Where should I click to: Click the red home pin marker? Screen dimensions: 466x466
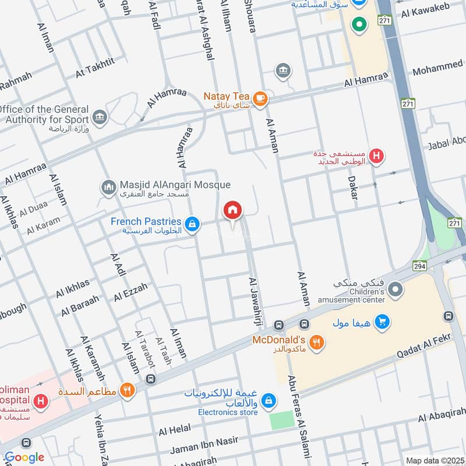point(233,210)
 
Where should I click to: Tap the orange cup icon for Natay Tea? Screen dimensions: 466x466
point(260,99)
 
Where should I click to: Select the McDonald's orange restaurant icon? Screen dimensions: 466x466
point(317,343)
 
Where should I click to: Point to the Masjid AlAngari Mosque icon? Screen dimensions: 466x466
point(108,188)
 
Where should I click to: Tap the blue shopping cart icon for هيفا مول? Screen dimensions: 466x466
point(382,322)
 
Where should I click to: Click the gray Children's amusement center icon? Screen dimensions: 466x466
point(396,290)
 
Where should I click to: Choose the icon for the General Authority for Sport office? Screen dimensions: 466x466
point(100,116)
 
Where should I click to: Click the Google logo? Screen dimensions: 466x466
point(24,457)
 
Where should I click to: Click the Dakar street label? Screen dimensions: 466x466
point(353,188)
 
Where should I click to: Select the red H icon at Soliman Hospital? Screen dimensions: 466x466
point(41,401)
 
